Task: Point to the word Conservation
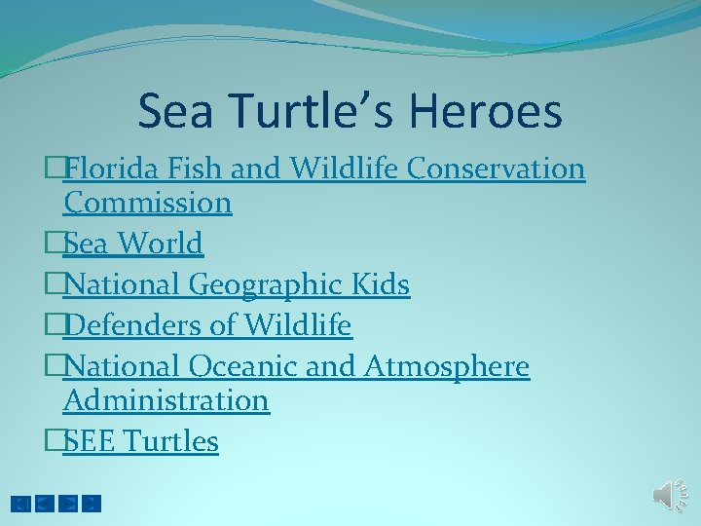pos(496,169)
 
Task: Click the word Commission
pos(147,203)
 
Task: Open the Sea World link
pos(132,244)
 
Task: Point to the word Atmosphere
pos(447,366)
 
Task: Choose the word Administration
pos(166,400)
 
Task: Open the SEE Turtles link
pos(140,441)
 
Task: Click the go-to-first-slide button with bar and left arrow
pos(19,504)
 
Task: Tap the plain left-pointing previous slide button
pos(44,504)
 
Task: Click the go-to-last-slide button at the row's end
pos(92,504)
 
